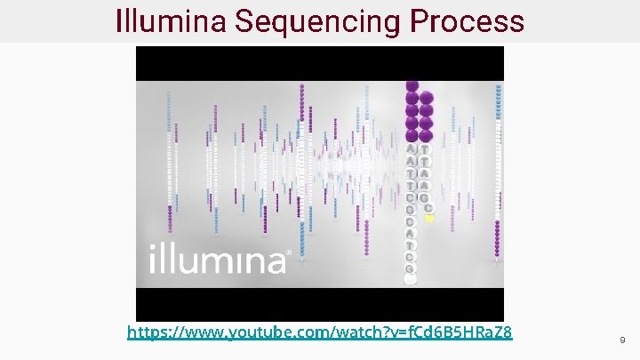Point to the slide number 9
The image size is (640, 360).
click(x=622, y=340)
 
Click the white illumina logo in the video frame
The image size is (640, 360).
click(x=218, y=259)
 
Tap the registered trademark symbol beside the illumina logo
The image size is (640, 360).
click(x=287, y=252)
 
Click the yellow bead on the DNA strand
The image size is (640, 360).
click(x=428, y=217)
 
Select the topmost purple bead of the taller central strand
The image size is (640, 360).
click(x=412, y=86)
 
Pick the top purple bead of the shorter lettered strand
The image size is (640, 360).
click(x=426, y=98)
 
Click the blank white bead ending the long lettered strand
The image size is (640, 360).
click(x=411, y=279)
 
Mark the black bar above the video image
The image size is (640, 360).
click(x=319, y=62)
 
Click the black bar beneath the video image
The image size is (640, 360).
click(x=319, y=303)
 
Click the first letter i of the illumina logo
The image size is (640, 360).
click(x=151, y=259)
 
